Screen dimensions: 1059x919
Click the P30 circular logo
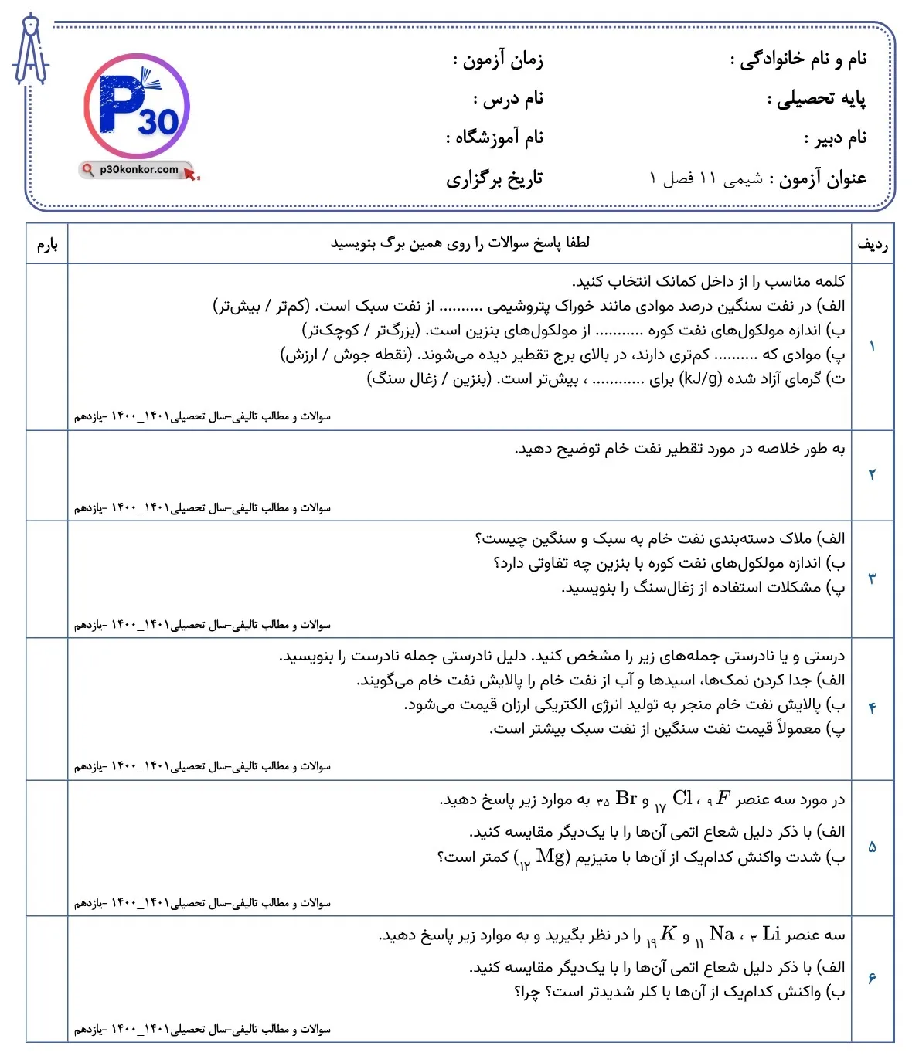[137, 107]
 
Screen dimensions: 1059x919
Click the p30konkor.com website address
[139, 169]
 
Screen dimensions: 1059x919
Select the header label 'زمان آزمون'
[499, 59]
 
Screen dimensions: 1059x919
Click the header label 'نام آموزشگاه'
[495, 137]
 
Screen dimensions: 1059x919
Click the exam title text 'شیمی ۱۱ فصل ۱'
[705, 179]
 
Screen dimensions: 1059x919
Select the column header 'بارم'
[47, 244]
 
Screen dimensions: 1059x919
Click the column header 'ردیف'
[873, 244]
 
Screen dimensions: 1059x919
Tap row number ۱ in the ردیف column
[873, 347]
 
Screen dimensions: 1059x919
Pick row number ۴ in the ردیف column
[873, 708]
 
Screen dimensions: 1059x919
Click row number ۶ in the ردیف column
[873, 979]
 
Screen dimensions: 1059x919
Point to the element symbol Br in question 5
[626, 799]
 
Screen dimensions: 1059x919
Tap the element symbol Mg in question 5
[550, 857]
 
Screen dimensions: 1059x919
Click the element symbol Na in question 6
[721, 934]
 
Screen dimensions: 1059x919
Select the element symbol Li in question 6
[771, 934]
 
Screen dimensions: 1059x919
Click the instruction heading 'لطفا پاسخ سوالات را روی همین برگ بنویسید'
[460, 243]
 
